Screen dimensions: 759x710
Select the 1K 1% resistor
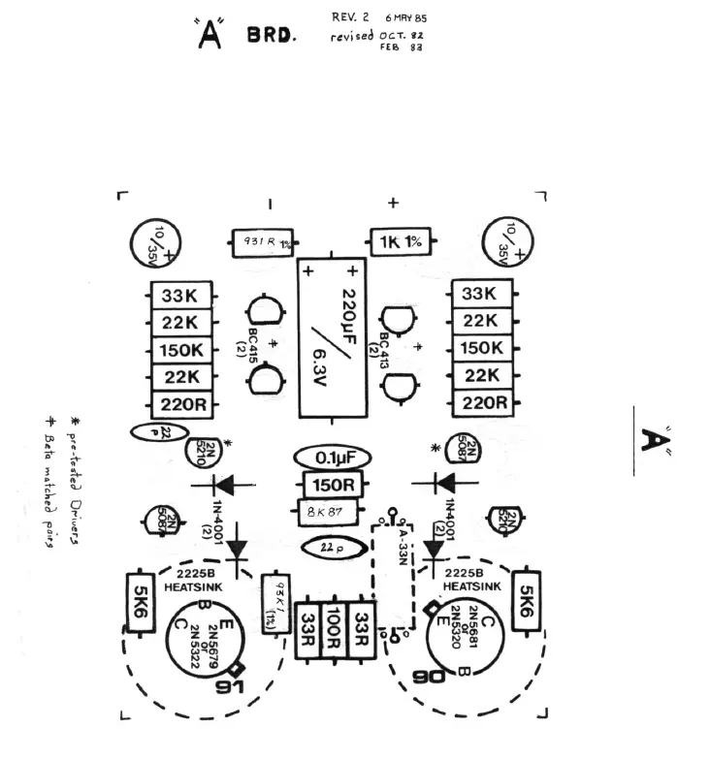(399, 242)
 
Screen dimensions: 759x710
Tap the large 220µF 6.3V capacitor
(332, 337)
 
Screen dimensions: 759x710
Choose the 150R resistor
(332, 484)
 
